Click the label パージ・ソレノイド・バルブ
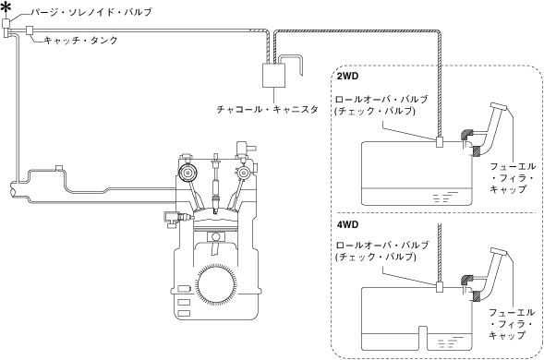(91, 13)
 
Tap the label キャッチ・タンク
(81, 41)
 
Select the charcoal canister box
(273, 76)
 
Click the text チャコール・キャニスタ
(268, 110)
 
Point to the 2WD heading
(347, 77)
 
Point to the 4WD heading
(347, 225)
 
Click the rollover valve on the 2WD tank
(440, 142)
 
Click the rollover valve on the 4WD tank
(440, 287)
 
